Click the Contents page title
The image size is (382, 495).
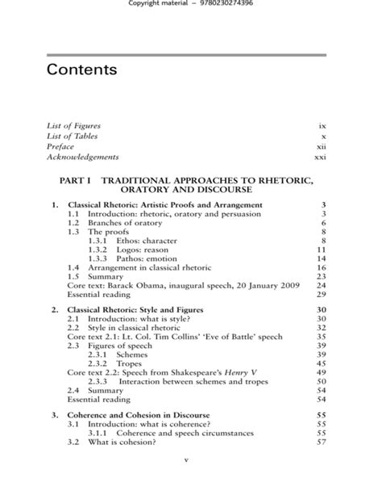81,69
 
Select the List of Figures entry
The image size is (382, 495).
73,126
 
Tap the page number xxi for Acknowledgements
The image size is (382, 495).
320,157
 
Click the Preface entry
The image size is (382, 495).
60,146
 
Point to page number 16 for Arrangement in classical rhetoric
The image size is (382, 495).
320,267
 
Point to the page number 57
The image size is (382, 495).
320,441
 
